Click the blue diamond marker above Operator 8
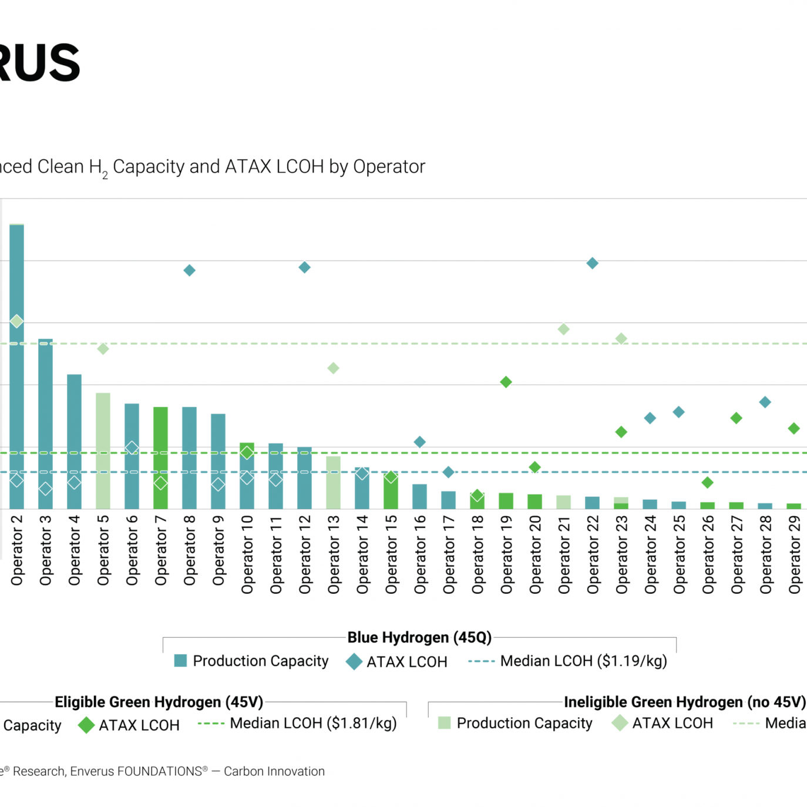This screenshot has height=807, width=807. [189, 271]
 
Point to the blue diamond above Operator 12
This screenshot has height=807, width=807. [304, 268]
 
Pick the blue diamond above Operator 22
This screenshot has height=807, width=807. [593, 263]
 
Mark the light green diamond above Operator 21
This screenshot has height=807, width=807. [564, 329]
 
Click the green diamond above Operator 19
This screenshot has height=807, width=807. [506, 382]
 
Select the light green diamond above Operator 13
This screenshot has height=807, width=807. [333, 368]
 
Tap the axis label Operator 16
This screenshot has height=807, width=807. [420, 554]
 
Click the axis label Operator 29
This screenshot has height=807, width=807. [794, 554]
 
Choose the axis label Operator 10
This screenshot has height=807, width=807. [247, 554]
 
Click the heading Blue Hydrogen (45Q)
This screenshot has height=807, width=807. [419, 637]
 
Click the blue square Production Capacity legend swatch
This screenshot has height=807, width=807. [181, 661]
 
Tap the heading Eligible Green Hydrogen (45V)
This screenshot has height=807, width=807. [159, 702]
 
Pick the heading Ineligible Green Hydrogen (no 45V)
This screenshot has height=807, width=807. [684, 702]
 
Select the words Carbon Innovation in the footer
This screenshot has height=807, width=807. [274, 771]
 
